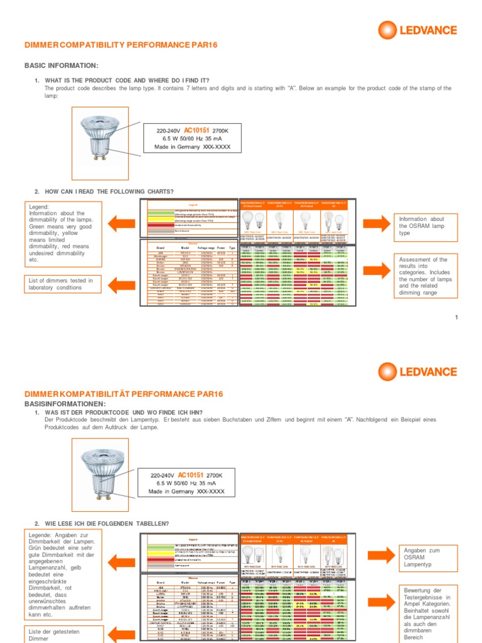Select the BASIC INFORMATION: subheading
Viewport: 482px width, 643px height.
click(61, 65)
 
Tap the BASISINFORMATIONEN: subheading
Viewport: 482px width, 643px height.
click(65, 403)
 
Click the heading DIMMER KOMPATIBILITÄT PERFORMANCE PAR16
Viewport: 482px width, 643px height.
click(124, 394)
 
